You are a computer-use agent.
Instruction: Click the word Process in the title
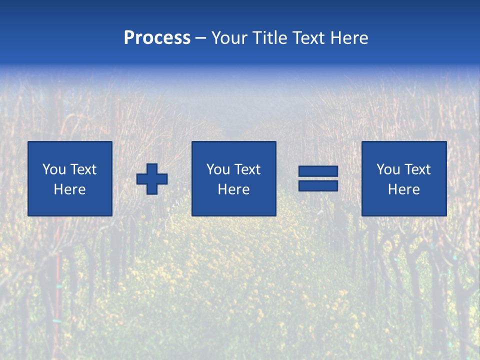(157, 38)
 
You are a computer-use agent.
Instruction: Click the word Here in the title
(350, 38)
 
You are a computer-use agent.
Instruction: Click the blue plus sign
(152, 179)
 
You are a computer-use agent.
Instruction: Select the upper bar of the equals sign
(318, 171)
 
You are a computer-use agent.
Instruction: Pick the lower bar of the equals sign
(318, 185)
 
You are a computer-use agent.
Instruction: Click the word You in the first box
(54, 169)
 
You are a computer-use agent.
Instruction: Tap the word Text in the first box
(83, 169)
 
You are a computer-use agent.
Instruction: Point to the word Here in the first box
(70, 189)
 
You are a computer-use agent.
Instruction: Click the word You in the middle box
(218, 169)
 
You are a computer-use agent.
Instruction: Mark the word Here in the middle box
(234, 189)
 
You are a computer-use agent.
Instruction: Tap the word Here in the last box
(404, 189)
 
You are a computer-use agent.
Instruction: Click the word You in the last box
(388, 169)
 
